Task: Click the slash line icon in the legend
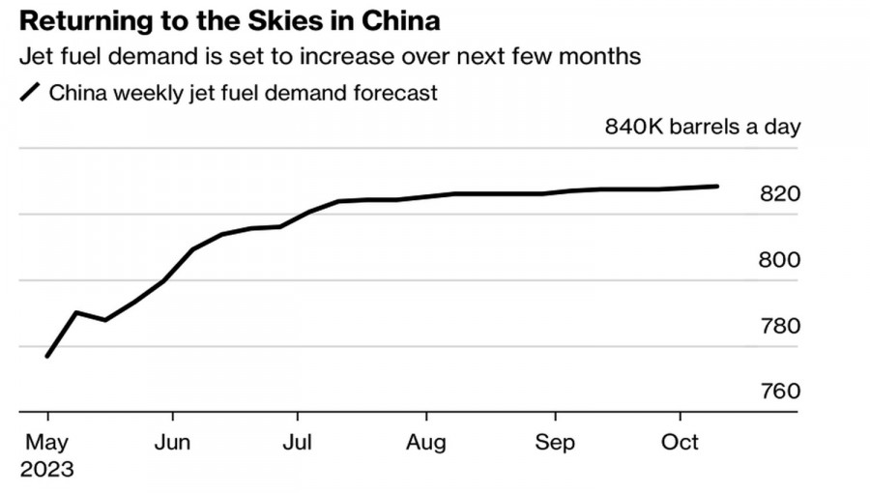point(31,93)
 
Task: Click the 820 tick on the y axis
point(781,194)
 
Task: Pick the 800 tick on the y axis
point(781,260)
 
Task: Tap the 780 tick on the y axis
point(781,326)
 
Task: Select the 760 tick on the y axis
point(781,391)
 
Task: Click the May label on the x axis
point(46,443)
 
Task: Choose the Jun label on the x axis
point(172,443)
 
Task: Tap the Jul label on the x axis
point(297,443)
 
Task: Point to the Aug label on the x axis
point(425,443)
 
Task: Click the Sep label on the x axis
point(554,443)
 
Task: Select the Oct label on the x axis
point(679,443)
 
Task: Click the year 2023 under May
point(46,470)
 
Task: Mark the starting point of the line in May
point(46,357)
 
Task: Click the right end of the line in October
point(717,186)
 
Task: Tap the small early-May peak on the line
point(76,312)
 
